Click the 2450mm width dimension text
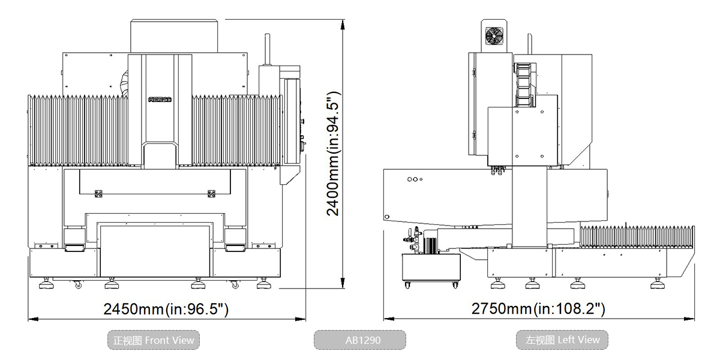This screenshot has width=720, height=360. coord(166,309)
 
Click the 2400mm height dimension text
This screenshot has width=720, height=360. coord(334,154)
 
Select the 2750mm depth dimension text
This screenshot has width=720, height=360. coord(538,309)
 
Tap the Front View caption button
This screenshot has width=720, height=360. coord(154,340)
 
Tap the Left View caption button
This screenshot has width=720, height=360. coord(562,340)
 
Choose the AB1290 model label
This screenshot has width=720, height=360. coord(360,340)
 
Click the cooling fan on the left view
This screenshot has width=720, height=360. coord(496,36)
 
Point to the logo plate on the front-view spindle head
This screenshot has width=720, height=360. coord(159,100)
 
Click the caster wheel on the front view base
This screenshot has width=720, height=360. coord(77,285)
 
